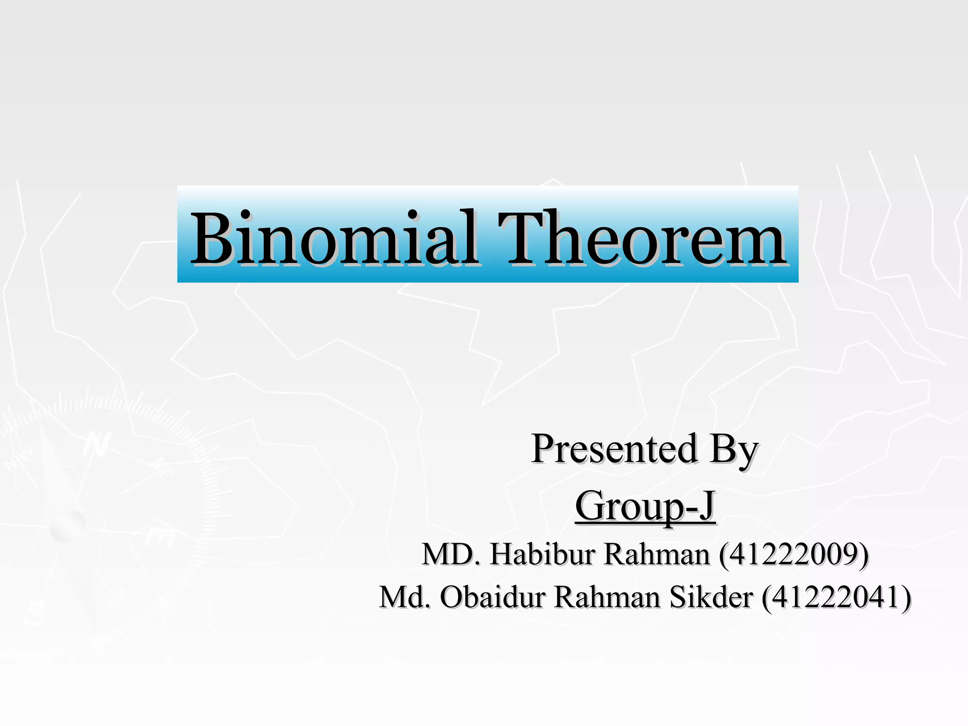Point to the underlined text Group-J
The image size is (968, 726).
pyautogui.click(x=645, y=506)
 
